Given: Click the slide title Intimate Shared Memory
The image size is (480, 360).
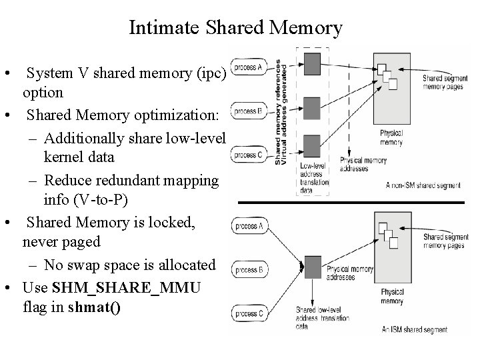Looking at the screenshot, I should pyautogui.click(x=235, y=28).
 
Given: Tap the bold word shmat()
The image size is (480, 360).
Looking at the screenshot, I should pyautogui.click(x=95, y=309).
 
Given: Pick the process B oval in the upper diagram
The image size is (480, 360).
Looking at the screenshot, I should pyautogui.click(x=250, y=111).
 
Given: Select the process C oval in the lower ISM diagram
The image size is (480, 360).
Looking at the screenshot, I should pyautogui.click(x=251, y=313).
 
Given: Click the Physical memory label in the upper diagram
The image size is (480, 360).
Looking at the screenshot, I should pyautogui.click(x=391, y=138).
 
